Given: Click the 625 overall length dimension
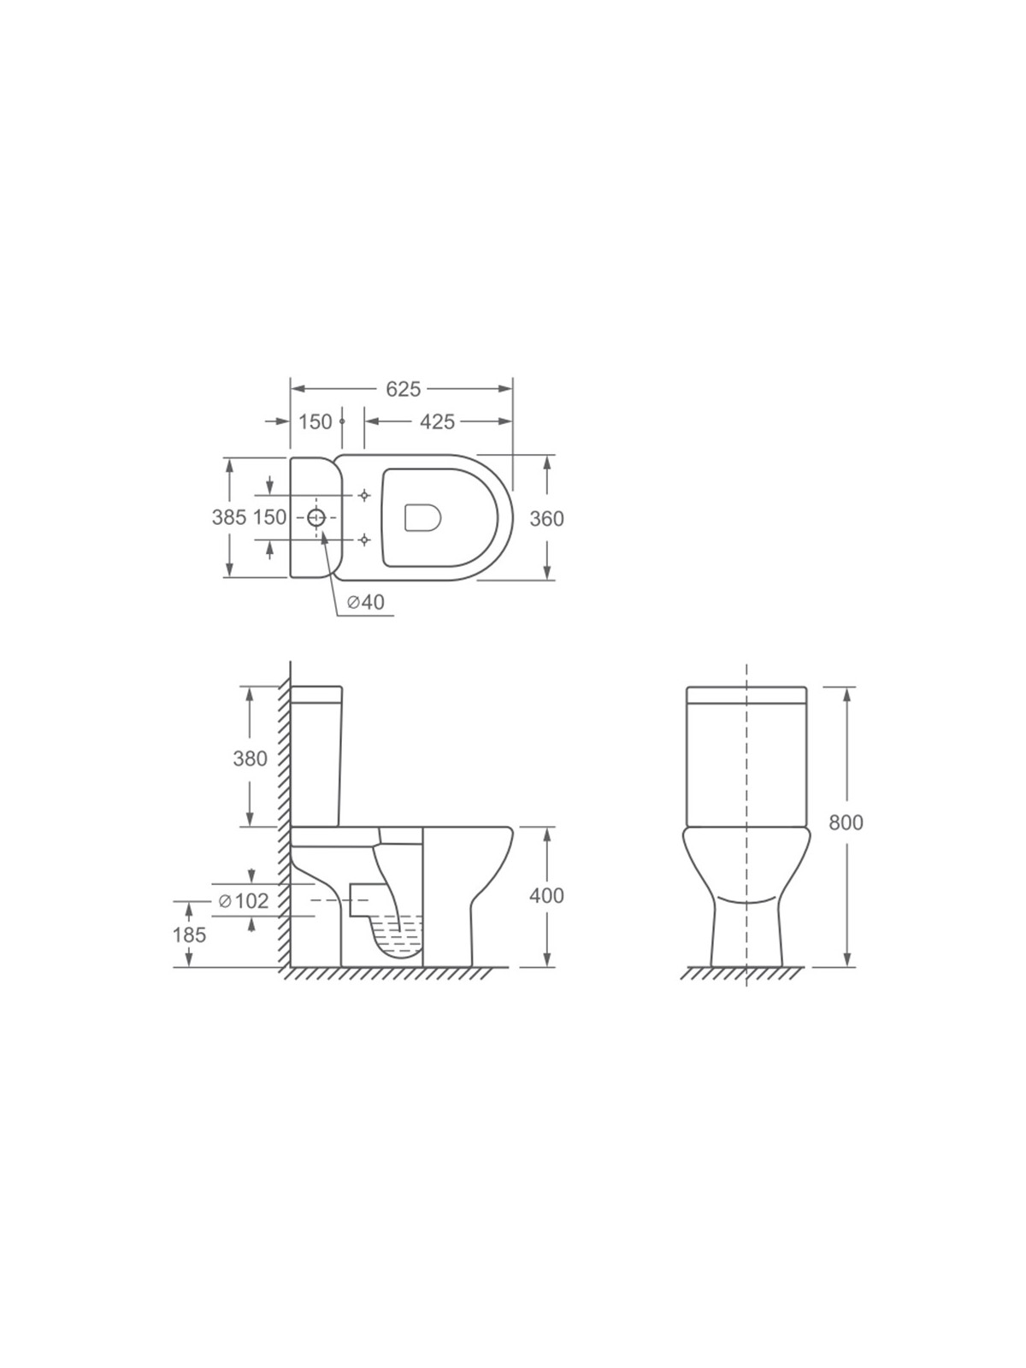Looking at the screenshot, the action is point(403,389).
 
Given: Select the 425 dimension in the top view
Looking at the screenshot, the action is point(437,422).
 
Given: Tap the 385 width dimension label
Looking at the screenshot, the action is point(229,517).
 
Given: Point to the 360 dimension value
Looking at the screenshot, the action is point(546,518).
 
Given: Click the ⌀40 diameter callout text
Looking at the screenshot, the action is point(366,601).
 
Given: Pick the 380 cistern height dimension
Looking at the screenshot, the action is point(250,758).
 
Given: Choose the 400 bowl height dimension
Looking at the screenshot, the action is point(546,895).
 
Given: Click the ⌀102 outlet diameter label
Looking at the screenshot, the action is point(245,900).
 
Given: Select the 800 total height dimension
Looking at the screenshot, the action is point(846,823).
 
